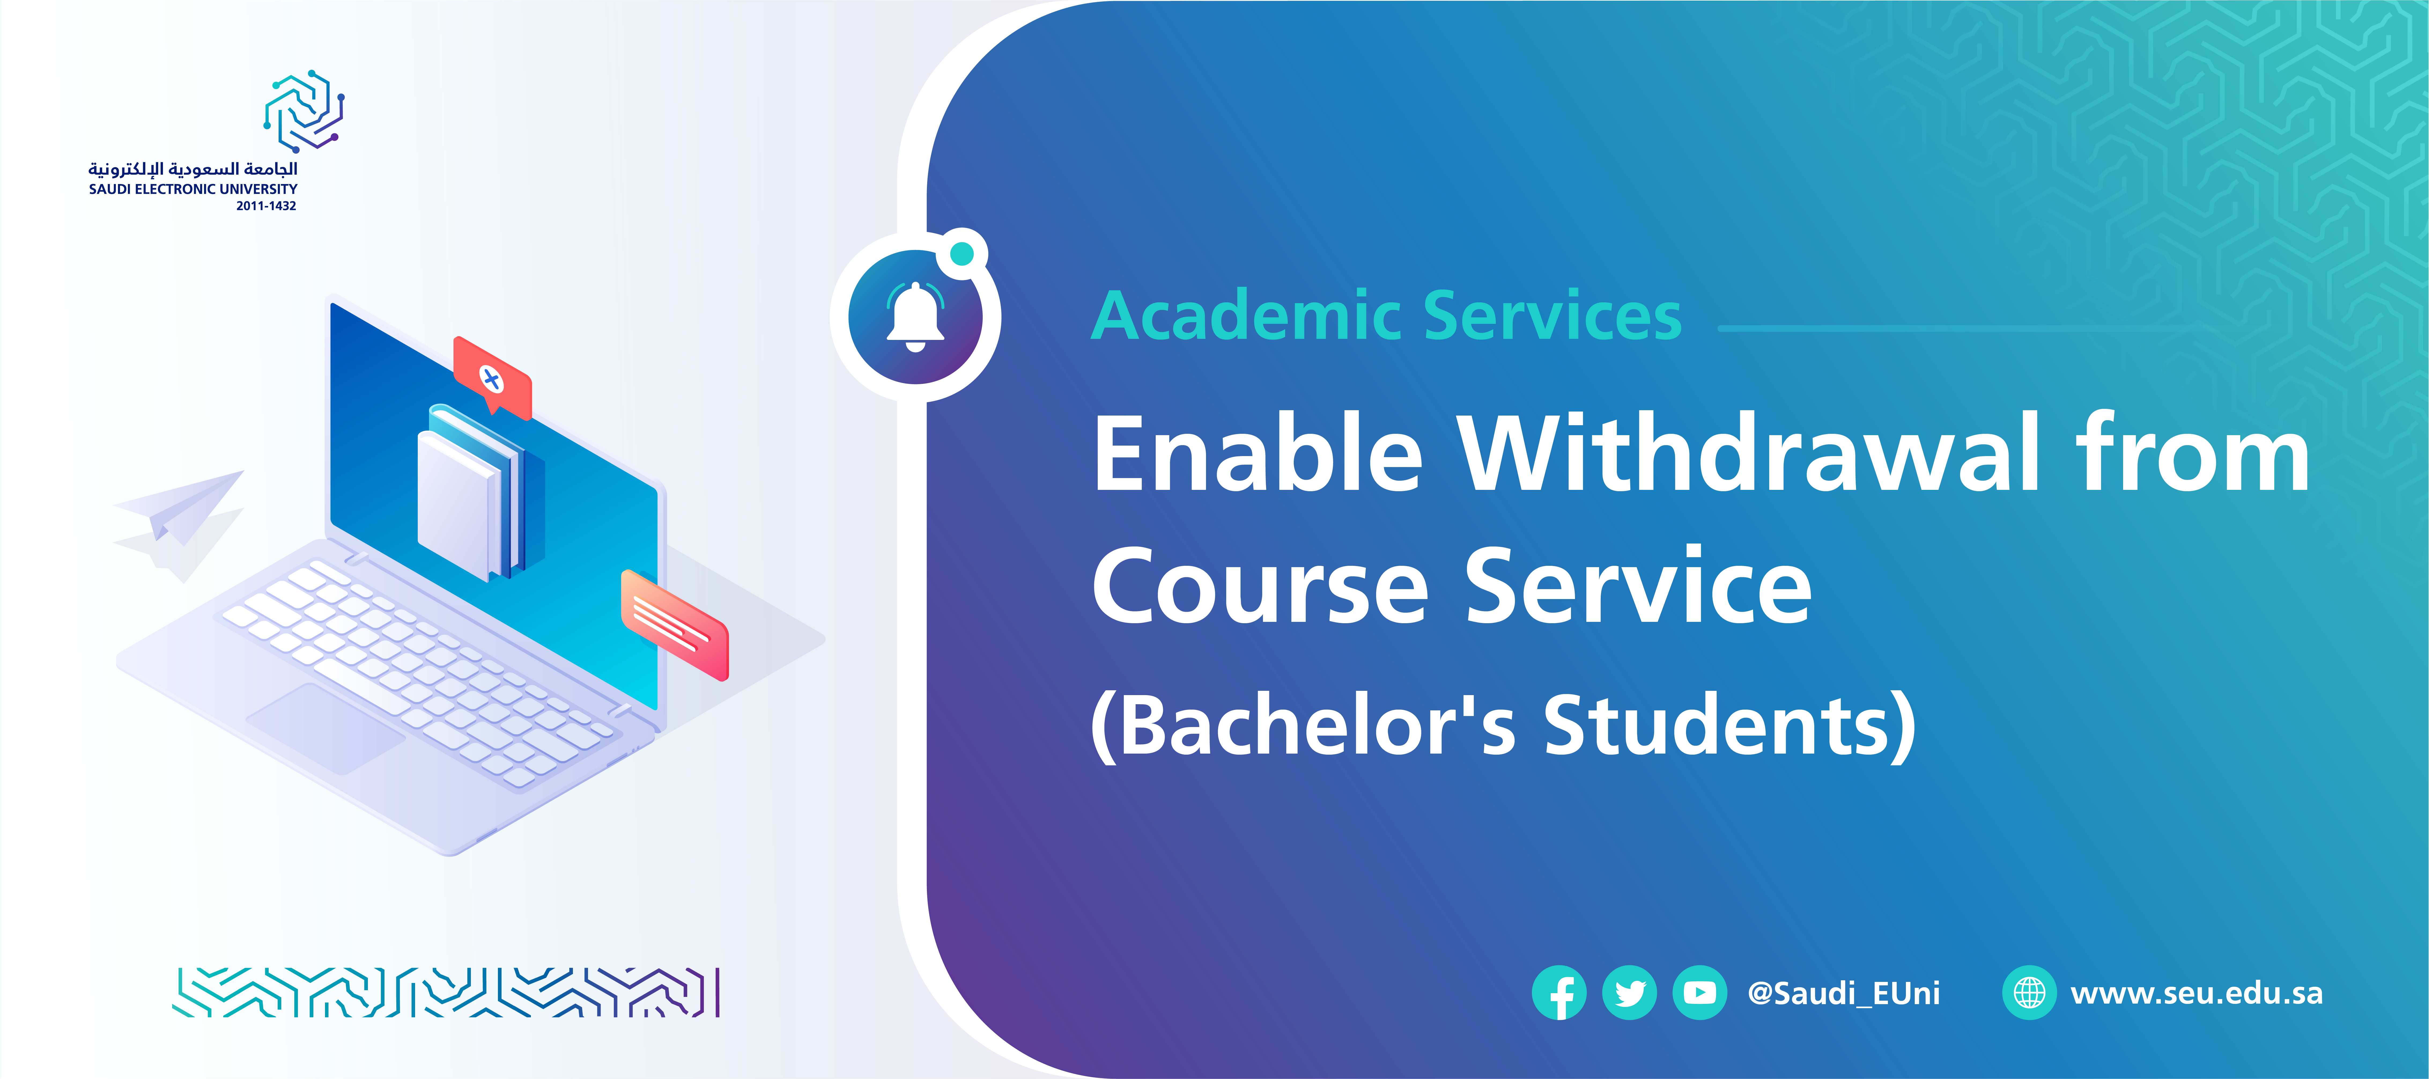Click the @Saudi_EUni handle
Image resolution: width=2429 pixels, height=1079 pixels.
(x=1843, y=993)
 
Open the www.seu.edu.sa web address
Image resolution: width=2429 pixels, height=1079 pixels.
(x=2196, y=993)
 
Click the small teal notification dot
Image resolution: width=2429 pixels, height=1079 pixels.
(x=962, y=253)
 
